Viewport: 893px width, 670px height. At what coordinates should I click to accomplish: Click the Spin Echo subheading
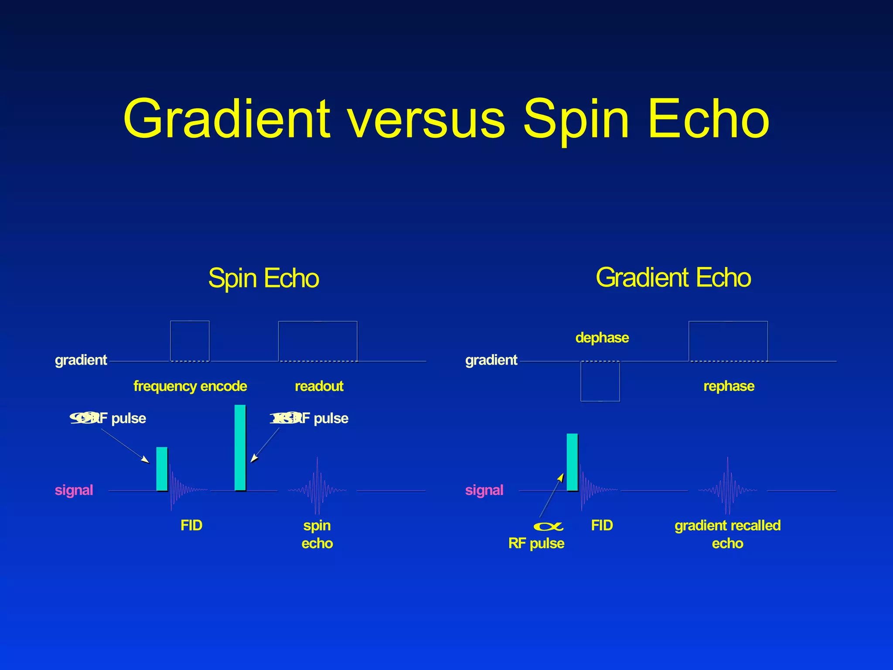263,278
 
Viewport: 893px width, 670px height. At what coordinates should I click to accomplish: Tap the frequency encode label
190,386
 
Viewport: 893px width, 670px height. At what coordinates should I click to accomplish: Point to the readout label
319,386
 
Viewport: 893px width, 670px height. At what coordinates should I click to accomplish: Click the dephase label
602,338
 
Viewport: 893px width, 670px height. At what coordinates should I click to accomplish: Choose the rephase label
729,386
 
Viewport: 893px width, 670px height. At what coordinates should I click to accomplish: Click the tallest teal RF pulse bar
240,448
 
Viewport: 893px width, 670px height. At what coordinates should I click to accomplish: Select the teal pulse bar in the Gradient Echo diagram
572,462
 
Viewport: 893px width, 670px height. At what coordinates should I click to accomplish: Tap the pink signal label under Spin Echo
74,490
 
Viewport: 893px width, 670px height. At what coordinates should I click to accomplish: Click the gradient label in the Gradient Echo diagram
491,360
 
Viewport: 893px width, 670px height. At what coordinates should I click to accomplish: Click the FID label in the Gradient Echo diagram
602,525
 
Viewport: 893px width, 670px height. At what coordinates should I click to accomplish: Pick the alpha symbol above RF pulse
549,526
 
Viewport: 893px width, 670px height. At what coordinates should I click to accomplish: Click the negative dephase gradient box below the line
600,381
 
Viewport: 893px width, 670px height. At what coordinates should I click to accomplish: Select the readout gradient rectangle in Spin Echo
317,341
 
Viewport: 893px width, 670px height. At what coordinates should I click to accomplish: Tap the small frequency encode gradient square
190,341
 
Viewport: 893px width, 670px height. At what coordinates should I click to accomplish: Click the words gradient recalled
727,525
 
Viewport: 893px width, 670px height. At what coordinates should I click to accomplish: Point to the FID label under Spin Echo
191,525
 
